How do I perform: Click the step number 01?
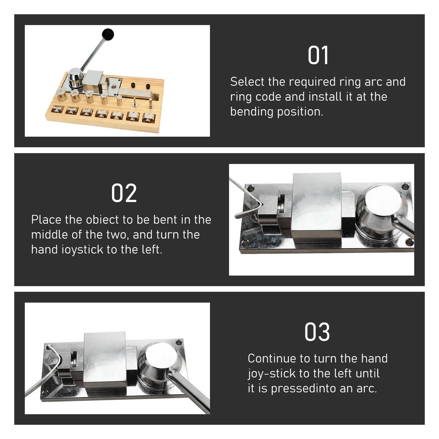click(318, 55)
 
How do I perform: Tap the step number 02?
click(124, 193)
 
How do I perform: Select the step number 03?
click(317, 332)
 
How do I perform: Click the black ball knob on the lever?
click(108, 35)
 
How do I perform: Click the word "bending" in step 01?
click(252, 112)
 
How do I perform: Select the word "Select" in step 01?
click(248, 82)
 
